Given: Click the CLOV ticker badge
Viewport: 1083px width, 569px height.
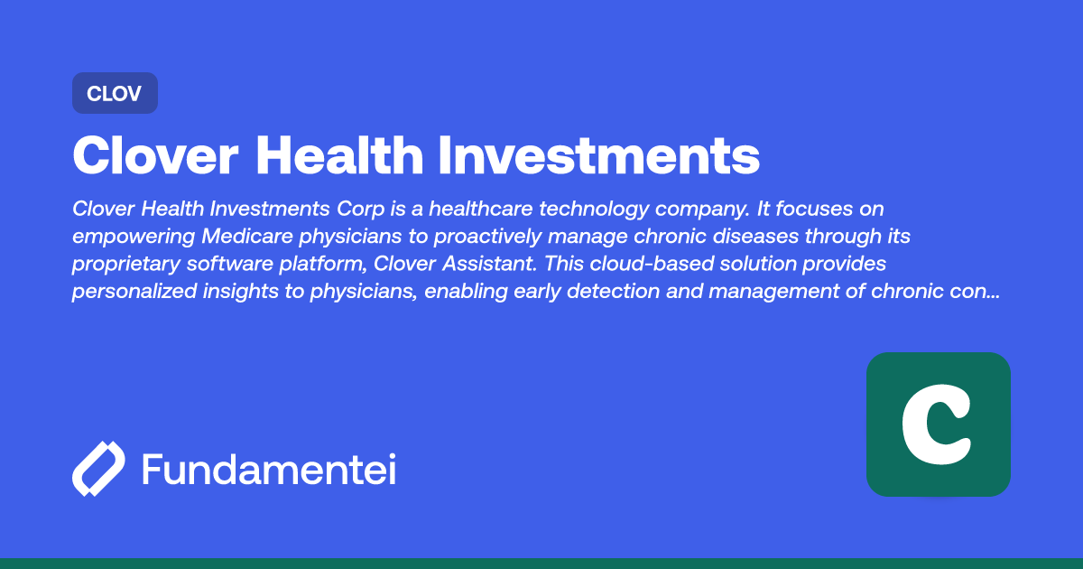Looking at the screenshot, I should (x=115, y=93).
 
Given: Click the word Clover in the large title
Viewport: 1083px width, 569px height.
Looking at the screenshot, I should (x=153, y=156).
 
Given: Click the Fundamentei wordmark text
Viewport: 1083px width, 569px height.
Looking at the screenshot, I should (x=268, y=470).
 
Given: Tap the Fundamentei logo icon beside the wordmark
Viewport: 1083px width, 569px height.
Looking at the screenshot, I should (x=98, y=470).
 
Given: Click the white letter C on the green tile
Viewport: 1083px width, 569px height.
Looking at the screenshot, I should (x=937, y=424).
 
